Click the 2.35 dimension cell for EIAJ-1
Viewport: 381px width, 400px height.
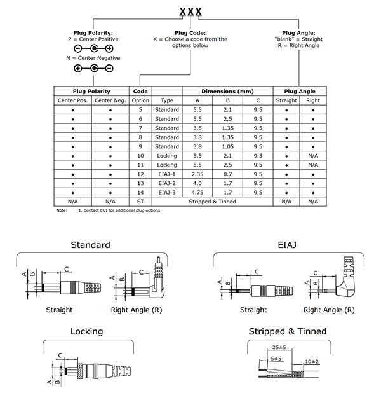[197, 174]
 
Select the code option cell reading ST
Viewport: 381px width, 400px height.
[140, 202]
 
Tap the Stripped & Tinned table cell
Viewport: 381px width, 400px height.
[212, 202]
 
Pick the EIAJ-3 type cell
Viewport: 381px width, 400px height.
[167, 193]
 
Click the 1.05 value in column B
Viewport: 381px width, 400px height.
[227, 147]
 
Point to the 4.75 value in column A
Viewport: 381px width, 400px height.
[197, 193]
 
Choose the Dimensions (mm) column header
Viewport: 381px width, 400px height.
[227, 92]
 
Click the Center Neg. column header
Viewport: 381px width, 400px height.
[110, 100]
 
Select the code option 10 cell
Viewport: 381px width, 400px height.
[140, 156]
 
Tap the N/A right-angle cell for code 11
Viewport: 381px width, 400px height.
[313, 165]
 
